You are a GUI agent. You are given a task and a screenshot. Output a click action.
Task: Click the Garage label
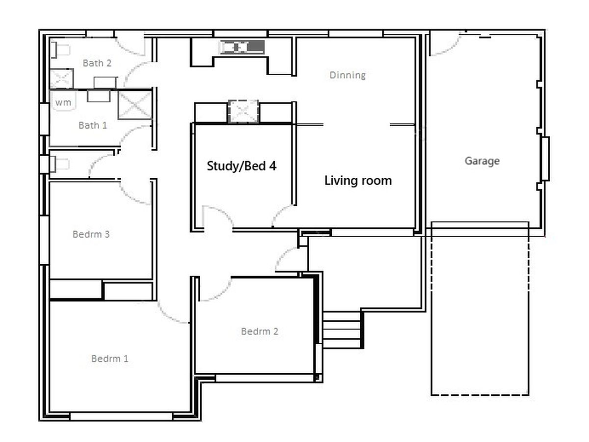(482, 161)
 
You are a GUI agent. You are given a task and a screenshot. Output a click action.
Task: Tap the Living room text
(358, 180)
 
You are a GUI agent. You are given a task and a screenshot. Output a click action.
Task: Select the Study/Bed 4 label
(241, 166)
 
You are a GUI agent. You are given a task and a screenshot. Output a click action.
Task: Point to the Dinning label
(348, 75)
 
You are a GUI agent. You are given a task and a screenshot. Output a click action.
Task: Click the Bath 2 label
(97, 63)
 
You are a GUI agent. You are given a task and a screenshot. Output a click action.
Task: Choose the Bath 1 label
(93, 125)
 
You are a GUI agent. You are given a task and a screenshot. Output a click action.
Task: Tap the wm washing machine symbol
(63, 102)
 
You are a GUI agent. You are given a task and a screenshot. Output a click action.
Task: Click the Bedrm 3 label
(91, 234)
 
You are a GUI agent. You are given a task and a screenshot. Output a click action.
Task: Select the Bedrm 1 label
(110, 359)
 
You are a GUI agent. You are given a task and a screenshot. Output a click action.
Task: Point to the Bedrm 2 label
(260, 331)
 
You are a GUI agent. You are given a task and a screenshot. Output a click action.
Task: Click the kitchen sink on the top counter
(242, 47)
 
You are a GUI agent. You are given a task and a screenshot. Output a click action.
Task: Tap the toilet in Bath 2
(61, 50)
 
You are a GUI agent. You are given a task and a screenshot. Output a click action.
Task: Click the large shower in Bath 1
(135, 105)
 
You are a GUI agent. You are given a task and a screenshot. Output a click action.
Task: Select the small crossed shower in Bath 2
(62, 79)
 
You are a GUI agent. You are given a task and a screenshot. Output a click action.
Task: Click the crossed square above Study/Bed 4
(243, 111)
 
